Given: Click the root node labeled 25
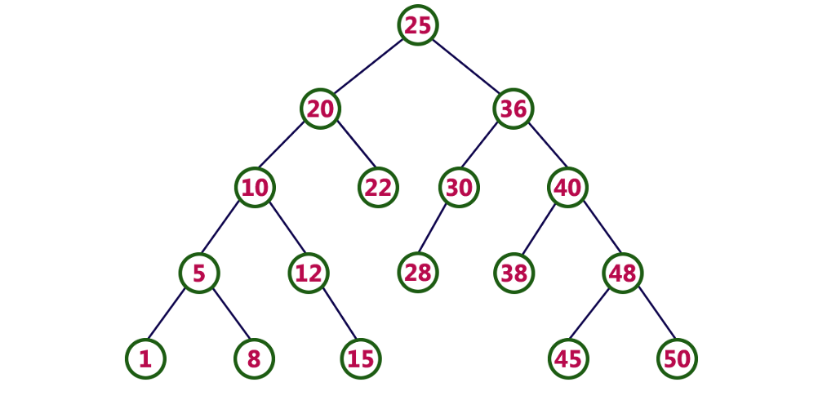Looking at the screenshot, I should click(418, 25).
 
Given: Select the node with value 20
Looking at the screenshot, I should click(320, 109).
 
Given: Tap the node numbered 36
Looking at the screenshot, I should click(514, 109).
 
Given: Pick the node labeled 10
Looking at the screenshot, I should click(255, 188).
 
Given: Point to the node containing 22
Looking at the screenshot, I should click(378, 188).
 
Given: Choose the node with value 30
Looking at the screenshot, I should click(459, 188).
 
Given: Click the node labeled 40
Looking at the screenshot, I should click(567, 188).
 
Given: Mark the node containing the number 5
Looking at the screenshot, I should click(199, 273).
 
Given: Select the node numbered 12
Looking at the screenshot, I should click(309, 273).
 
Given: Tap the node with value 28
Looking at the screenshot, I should click(418, 273).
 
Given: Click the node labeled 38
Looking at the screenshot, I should click(514, 273).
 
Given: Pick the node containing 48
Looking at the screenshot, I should click(623, 273).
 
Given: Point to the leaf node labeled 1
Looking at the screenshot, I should click(145, 359).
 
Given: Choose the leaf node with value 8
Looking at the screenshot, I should click(254, 359).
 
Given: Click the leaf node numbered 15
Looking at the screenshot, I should click(361, 359).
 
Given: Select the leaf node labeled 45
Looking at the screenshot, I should click(568, 359).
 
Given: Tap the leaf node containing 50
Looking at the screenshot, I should click(677, 359).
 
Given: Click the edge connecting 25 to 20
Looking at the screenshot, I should click(369, 67).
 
